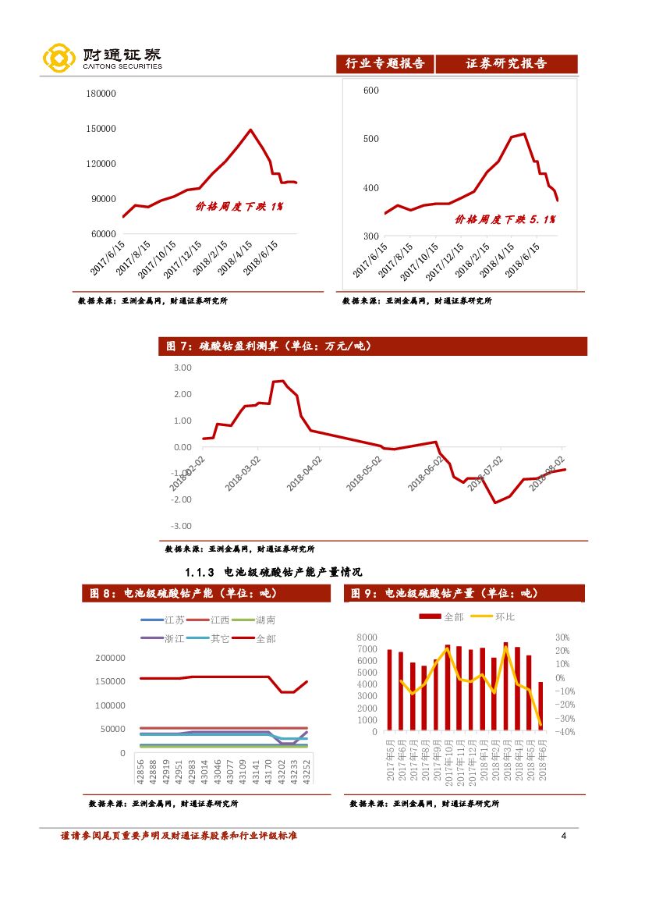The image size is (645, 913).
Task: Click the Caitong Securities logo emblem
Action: pyautogui.click(x=58, y=58)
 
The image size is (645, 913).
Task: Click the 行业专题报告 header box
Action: pyautogui.click(x=385, y=64)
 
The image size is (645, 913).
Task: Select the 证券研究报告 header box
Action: pyautogui.click(x=506, y=64)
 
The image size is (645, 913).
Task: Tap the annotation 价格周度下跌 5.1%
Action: pyautogui.click(x=505, y=220)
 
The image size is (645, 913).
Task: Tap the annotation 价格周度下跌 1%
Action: pyautogui.click(x=239, y=207)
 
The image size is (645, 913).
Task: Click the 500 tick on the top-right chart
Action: pyautogui.click(x=370, y=139)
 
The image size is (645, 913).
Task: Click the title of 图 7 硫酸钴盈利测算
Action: pyautogui.click(x=268, y=346)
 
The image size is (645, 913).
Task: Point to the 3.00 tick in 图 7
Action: pyautogui.click(x=182, y=368)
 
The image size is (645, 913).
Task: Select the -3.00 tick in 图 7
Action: pyautogui.click(x=180, y=527)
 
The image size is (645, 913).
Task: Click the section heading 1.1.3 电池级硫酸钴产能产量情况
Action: pyautogui.click(x=273, y=572)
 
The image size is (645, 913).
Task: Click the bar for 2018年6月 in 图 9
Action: pyautogui.click(x=540, y=706)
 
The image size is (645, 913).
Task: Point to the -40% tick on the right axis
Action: pyautogui.click(x=565, y=732)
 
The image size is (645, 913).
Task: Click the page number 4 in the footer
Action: pyautogui.click(x=563, y=837)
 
